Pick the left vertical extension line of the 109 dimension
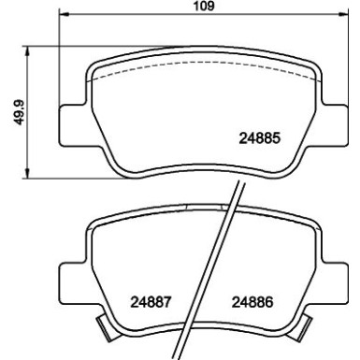pyautogui.click(x=59, y=56)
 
